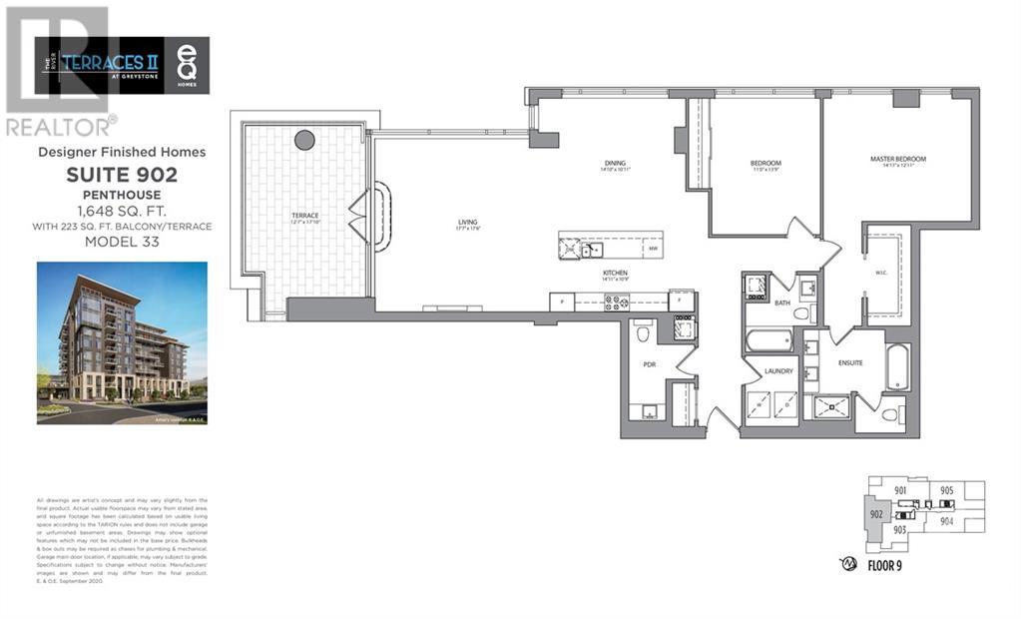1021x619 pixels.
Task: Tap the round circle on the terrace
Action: coord(304,141)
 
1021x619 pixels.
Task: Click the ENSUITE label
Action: coord(851,362)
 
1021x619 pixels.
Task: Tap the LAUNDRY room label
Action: coord(778,371)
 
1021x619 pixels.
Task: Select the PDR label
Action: coord(649,365)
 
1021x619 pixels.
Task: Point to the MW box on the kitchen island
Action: coord(653,248)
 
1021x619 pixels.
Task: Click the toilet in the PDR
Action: coord(644,329)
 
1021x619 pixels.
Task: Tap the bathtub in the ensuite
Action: coord(897,368)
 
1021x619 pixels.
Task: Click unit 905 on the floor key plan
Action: coord(946,490)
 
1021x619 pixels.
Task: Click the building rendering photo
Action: coord(122,342)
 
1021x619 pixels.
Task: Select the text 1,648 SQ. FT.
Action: coord(122,211)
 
